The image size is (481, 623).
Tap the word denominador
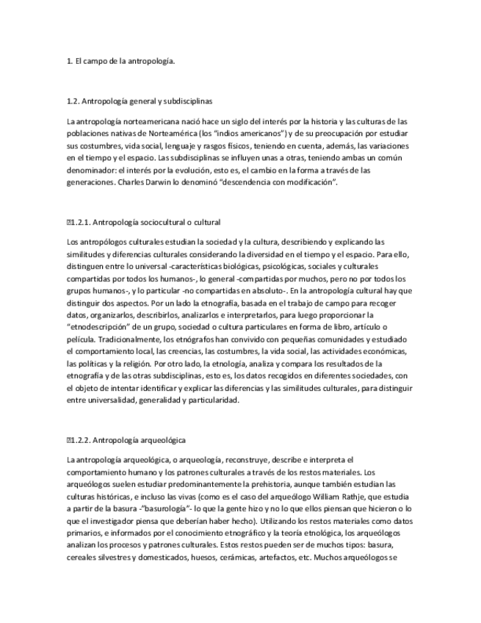coord(91,170)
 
